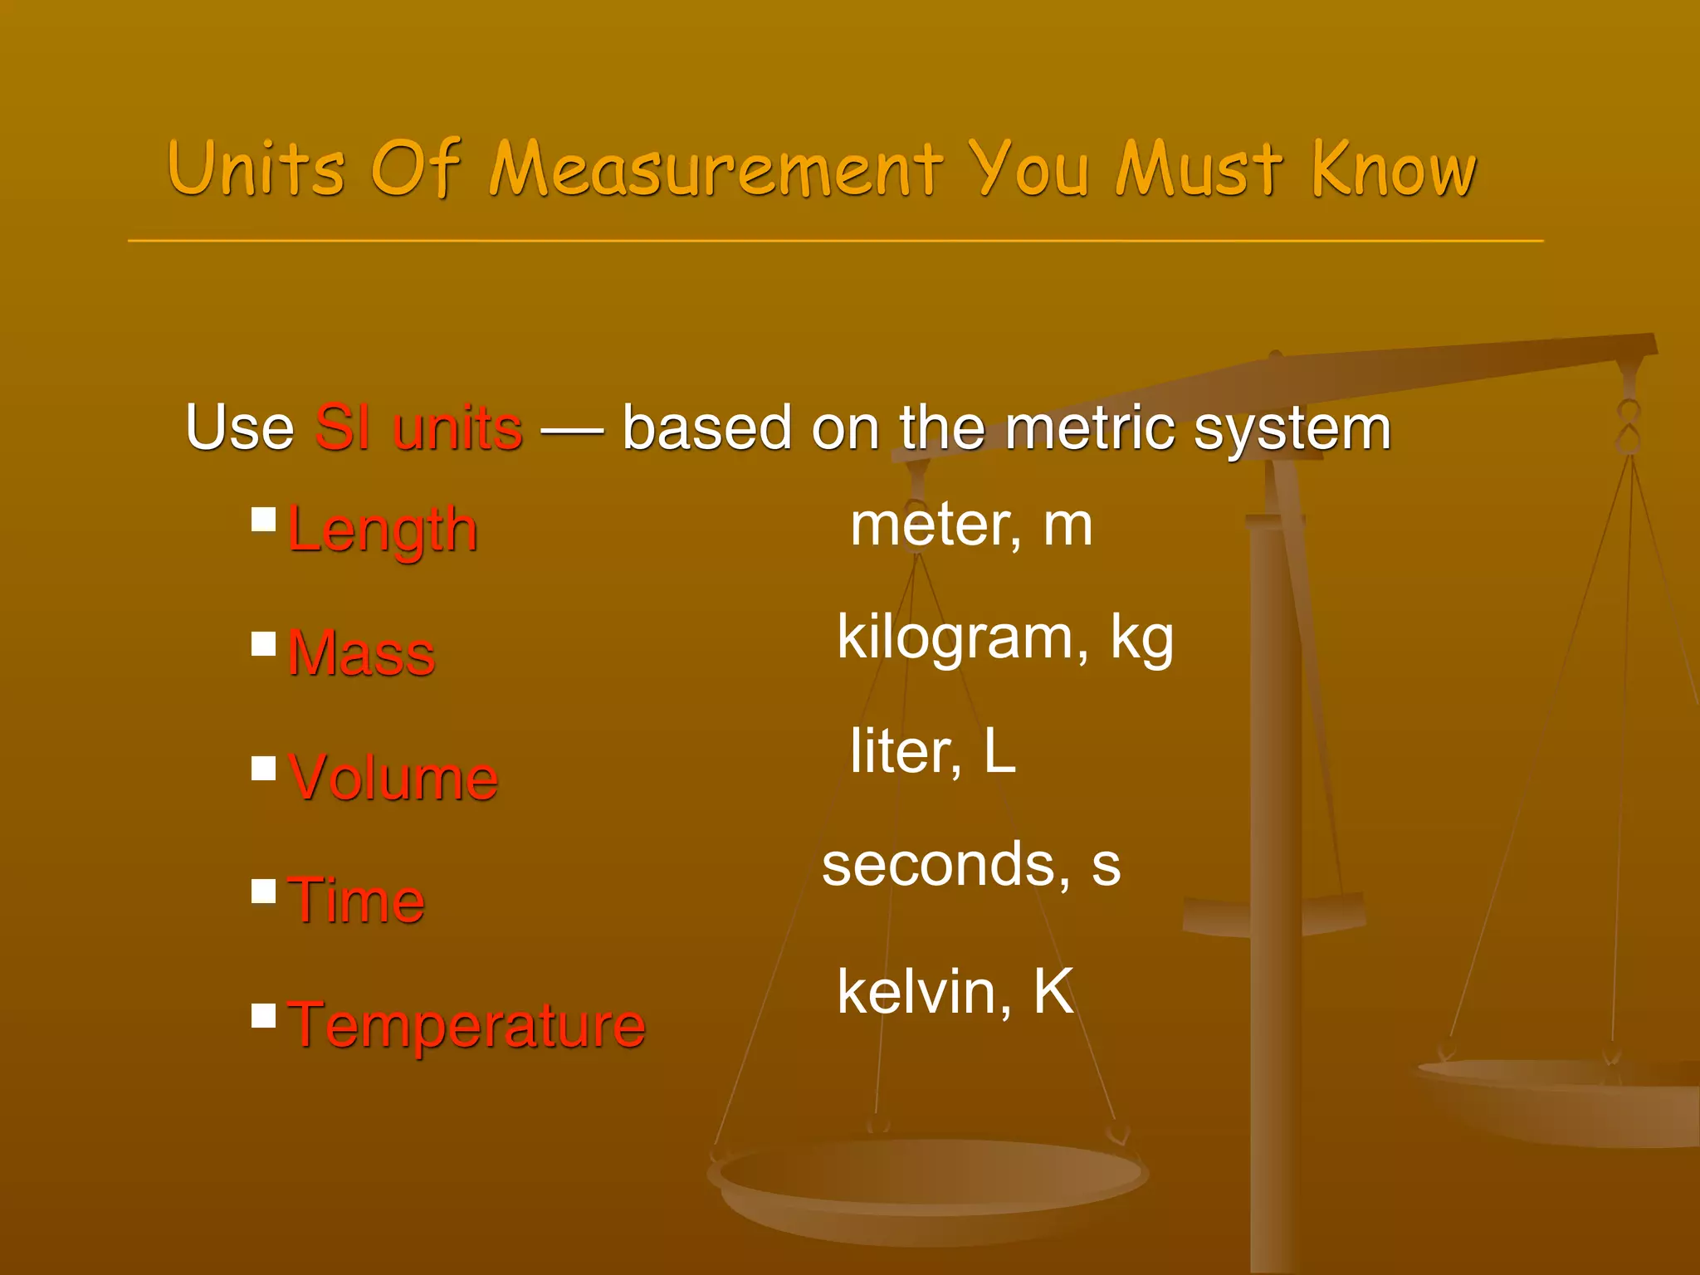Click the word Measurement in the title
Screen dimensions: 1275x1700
(x=716, y=170)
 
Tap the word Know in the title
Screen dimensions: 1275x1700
(x=1394, y=170)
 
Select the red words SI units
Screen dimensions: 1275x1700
(x=418, y=428)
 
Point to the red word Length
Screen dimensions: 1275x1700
(x=383, y=530)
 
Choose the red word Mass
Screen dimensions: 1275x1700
(x=361, y=654)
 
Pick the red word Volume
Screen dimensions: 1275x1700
(x=393, y=778)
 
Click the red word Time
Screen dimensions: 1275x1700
(x=356, y=901)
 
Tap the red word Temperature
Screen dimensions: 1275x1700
(x=467, y=1025)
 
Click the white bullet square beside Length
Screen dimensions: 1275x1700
(x=264, y=520)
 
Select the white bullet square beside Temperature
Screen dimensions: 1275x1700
(x=264, y=1015)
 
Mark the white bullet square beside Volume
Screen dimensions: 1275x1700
(x=264, y=768)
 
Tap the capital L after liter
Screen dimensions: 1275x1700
(x=1000, y=751)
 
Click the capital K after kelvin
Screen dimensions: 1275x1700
(x=1053, y=991)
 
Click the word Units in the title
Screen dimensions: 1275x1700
(x=256, y=170)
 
